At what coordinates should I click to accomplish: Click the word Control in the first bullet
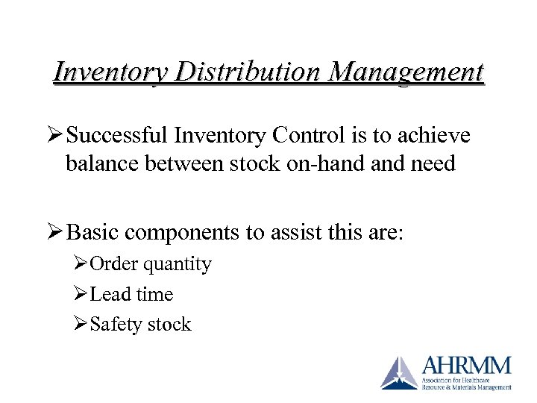click(x=306, y=135)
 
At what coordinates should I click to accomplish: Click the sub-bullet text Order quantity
click(x=150, y=264)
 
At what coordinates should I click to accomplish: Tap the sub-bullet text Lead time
click(x=131, y=294)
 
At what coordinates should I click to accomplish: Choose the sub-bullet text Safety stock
click(x=140, y=324)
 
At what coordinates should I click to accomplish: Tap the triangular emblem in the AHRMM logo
click(x=400, y=372)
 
